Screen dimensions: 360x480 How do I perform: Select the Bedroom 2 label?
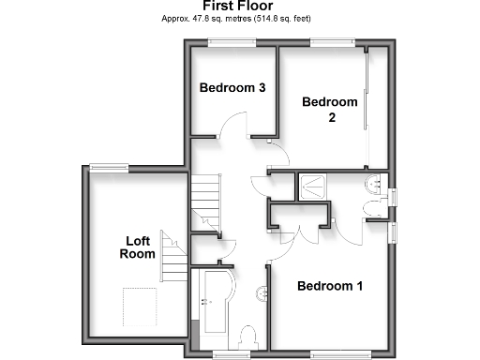point(330,109)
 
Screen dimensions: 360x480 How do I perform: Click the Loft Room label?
point(138,247)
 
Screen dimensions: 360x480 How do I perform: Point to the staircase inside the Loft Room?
point(170,251)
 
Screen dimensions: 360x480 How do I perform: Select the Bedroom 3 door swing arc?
point(234,125)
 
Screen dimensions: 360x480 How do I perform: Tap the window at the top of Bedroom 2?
point(330,41)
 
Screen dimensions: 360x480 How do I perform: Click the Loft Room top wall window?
point(109,167)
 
